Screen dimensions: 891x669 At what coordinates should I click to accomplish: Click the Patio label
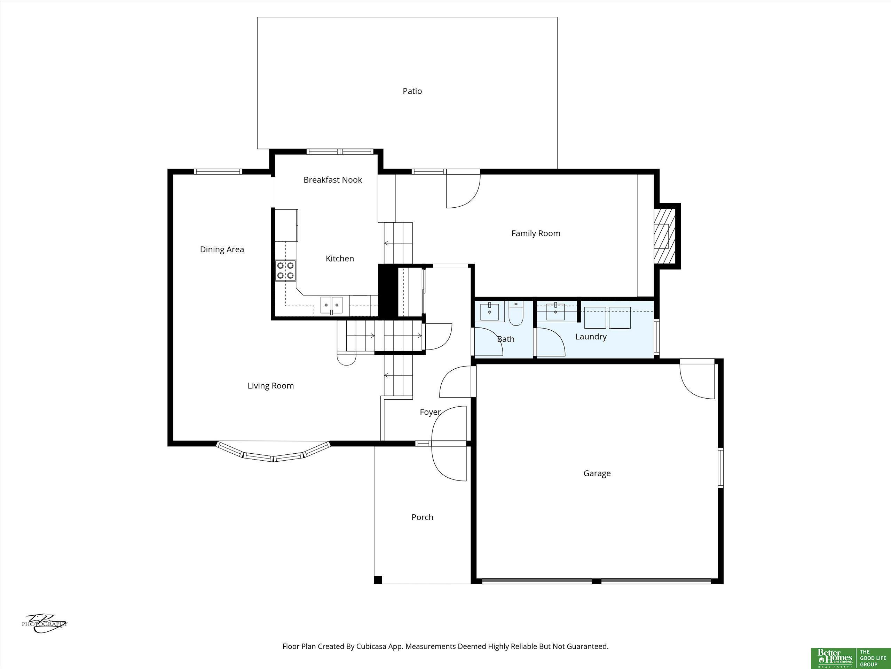[x=412, y=91]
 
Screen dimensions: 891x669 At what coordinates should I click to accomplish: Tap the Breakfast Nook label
[x=333, y=180]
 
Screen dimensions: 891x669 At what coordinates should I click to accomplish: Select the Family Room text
[x=536, y=233]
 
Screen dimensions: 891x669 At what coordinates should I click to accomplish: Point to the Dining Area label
[x=222, y=249]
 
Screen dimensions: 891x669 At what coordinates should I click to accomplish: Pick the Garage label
[x=597, y=474]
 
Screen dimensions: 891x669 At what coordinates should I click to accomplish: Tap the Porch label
[x=422, y=517]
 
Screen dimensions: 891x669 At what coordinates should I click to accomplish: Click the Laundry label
[x=591, y=337]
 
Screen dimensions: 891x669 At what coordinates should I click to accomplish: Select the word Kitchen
[x=340, y=259]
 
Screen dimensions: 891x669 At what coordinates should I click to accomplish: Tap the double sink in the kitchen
[x=331, y=305]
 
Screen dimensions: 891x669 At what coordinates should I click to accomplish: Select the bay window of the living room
[x=274, y=452]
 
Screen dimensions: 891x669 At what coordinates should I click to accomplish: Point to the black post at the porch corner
[x=378, y=580]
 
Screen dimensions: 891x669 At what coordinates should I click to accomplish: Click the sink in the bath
[x=489, y=311]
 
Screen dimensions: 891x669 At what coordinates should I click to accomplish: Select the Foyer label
[x=430, y=412]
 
